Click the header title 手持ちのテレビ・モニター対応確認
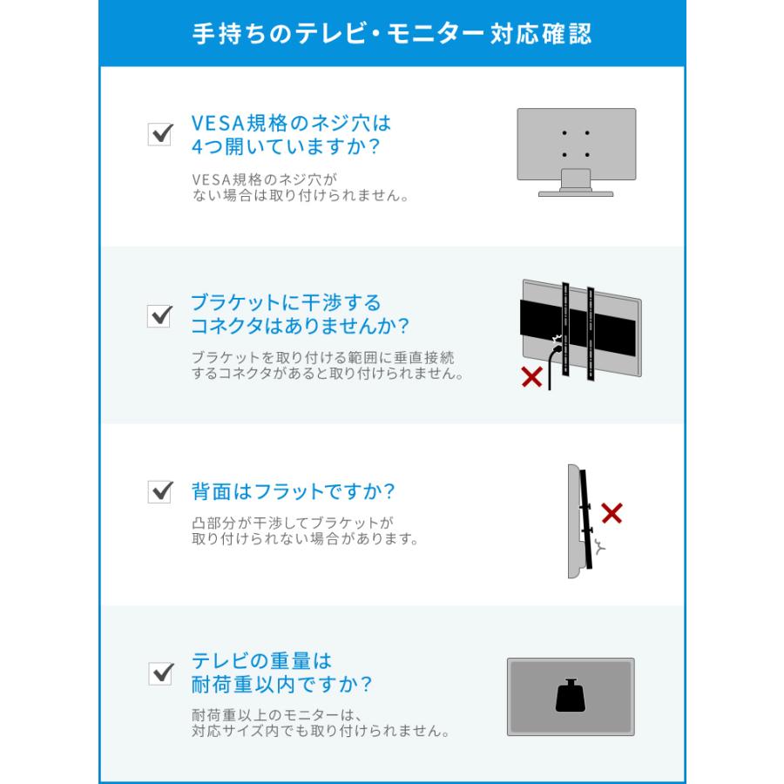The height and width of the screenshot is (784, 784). (391, 33)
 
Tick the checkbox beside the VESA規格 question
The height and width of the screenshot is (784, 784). (160, 134)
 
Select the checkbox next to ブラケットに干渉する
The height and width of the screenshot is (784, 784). (160, 315)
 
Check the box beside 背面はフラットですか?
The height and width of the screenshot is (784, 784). (160, 492)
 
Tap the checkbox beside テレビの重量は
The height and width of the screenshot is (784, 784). (160, 673)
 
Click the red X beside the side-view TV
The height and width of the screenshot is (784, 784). (612, 513)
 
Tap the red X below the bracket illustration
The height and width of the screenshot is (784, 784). (531, 378)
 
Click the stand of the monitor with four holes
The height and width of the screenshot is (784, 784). (575, 182)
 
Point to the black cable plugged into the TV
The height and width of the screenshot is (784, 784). (551, 366)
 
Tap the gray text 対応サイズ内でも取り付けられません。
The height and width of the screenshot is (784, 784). (321, 731)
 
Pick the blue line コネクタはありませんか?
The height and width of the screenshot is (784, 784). (301, 327)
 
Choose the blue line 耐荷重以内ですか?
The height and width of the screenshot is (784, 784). (282, 684)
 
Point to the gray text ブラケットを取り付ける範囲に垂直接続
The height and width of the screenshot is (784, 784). (322, 357)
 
